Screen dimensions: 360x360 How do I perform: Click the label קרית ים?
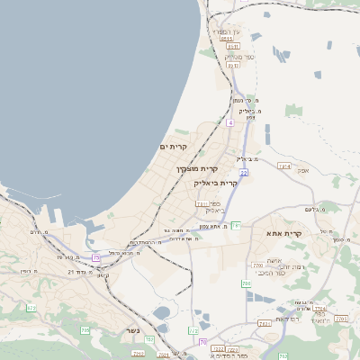[x=174, y=147]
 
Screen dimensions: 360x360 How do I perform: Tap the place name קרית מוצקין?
[x=199, y=168]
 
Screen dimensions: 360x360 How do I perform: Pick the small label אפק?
[x=303, y=169]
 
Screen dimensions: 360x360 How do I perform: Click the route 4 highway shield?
[x=230, y=121]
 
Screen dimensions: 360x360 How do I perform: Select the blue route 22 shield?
[x=244, y=171]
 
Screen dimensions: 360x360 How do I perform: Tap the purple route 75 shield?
[x=96, y=258]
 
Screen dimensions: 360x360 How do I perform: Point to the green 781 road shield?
[x=236, y=224]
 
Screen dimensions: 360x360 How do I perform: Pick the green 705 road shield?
[x=85, y=330]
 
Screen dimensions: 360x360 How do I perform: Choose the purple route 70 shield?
[x=202, y=342]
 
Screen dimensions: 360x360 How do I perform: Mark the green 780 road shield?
[x=246, y=283]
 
